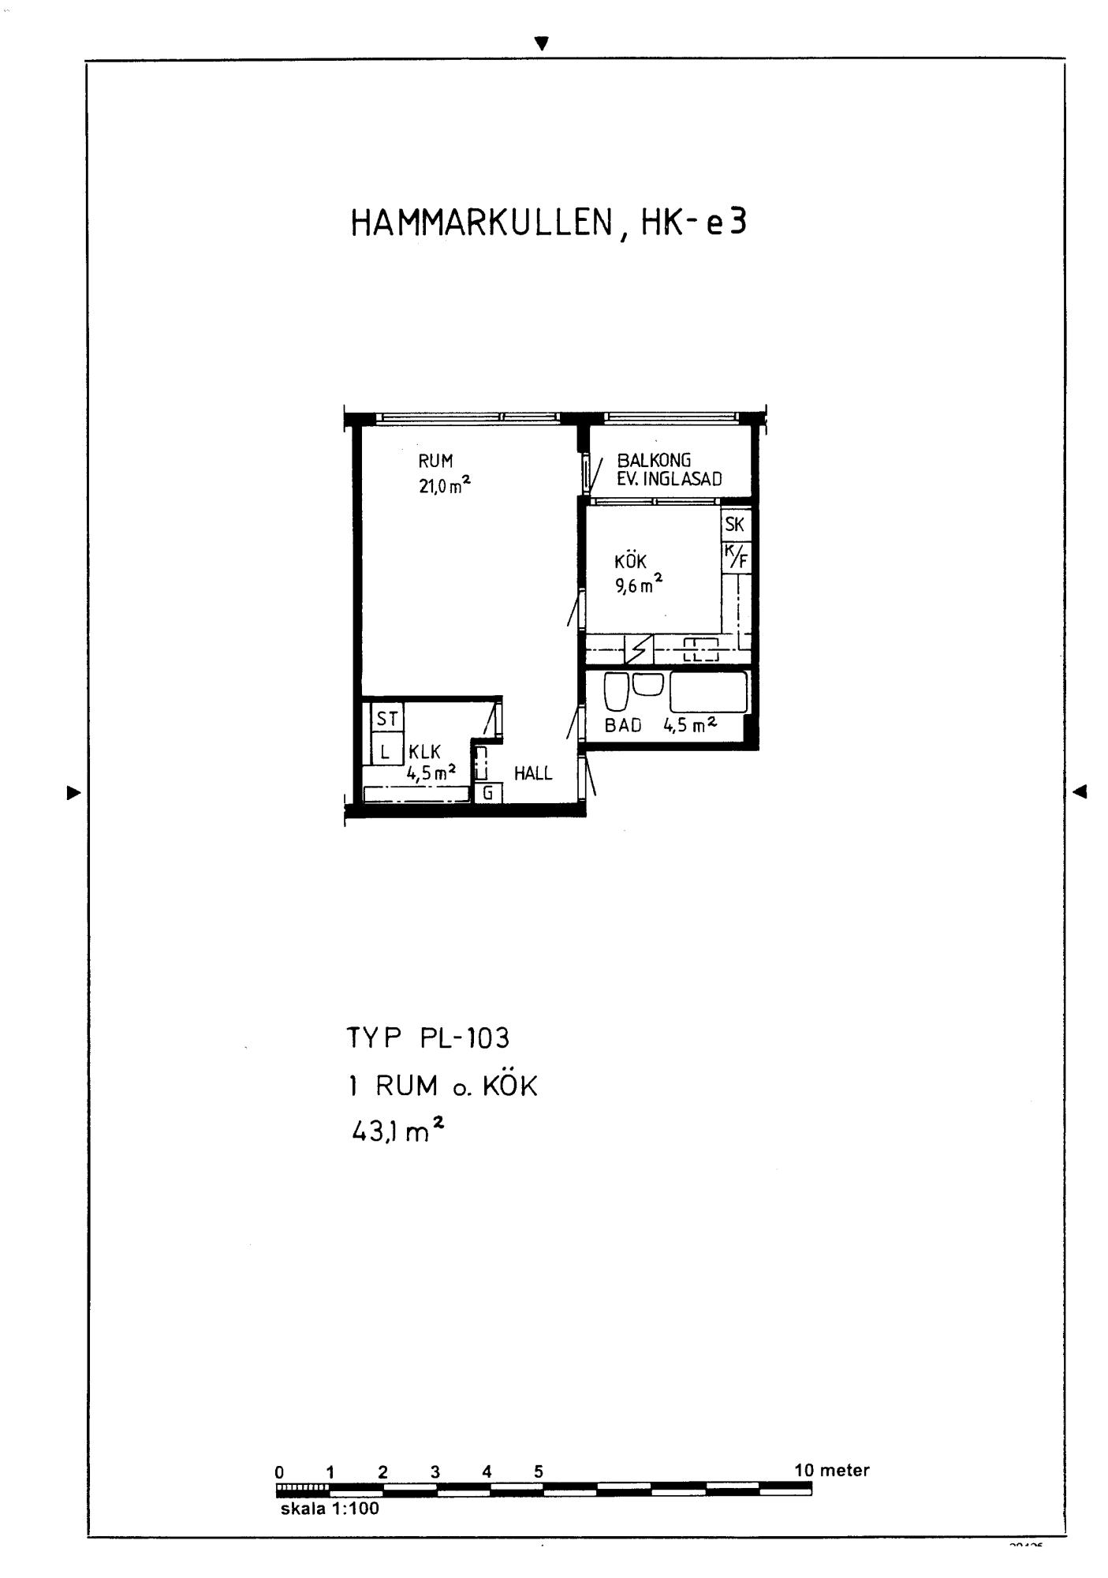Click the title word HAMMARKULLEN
pos(481,223)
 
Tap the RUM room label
pos(435,462)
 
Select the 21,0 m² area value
pos(445,485)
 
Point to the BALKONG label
pos(654,460)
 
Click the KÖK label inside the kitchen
pos(630,562)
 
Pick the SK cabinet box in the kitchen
pos(735,525)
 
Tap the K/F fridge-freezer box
pos(737,557)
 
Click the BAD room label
pos(623,726)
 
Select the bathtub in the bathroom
pos(708,692)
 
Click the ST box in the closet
pos(386,719)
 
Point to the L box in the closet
pos(386,750)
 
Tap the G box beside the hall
pos(488,793)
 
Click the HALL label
pos(533,774)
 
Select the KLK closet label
pos(424,753)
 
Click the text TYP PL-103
pos(428,1038)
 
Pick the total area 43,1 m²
pos(397,1132)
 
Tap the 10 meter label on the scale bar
pos(831,1471)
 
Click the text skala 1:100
pos(330,1509)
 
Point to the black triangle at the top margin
pos(541,44)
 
